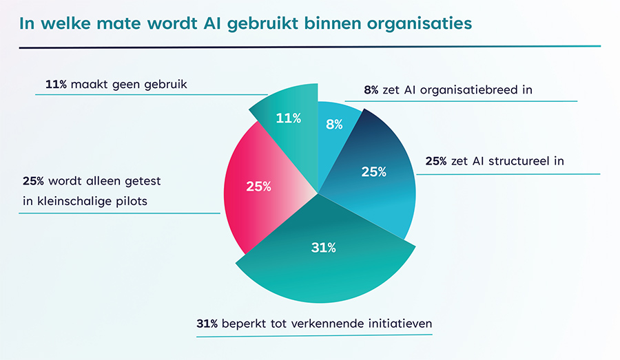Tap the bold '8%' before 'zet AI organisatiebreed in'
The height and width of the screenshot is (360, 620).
[x=371, y=90]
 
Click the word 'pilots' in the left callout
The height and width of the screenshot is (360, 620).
[x=132, y=201]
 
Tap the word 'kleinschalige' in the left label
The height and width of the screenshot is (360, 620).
[x=78, y=201]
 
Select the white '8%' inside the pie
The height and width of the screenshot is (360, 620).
[x=333, y=125]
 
